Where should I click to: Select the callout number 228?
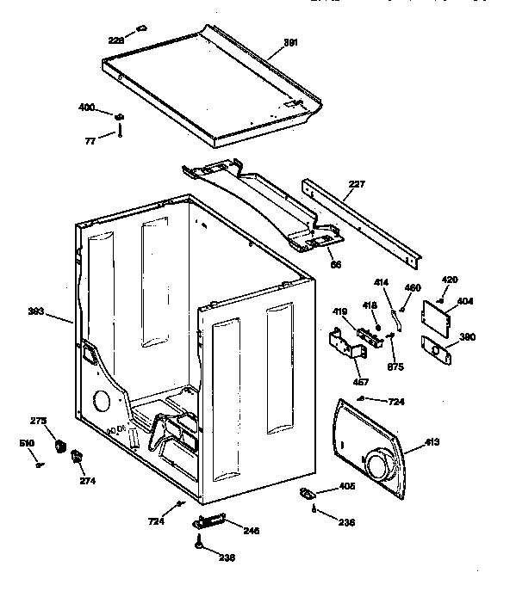pyautogui.click(x=115, y=40)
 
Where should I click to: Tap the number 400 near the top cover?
pyautogui.click(x=86, y=108)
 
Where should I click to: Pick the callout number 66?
pyautogui.click(x=335, y=264)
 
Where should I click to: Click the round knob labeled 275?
pyautogui.click(x=60, y=446)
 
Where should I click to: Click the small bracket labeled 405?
pyautogui.click(x=307, y=492)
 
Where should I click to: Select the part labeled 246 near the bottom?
pyautogui.click(x=209, y=521)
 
